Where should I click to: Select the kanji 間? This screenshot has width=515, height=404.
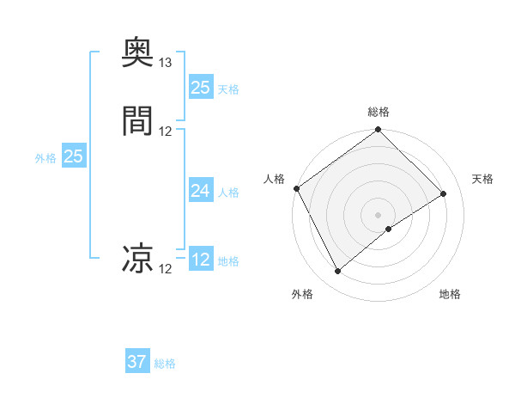137,121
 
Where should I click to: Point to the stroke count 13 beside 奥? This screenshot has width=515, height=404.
166,63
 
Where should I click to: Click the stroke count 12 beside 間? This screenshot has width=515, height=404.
166,131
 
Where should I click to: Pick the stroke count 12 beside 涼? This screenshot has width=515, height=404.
166,269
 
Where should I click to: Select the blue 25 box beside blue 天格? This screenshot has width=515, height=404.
201,88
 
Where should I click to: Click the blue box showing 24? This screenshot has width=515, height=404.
201,191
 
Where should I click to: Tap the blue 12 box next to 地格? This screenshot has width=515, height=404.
201,260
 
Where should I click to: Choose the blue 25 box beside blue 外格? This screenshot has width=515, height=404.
74,156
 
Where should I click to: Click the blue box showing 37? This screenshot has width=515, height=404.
137,362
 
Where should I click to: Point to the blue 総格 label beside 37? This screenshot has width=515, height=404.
165,364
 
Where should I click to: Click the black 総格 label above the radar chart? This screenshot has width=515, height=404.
379,112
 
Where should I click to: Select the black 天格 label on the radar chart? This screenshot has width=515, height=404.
483,179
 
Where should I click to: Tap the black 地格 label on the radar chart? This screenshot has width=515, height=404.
450,294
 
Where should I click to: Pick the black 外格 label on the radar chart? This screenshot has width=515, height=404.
302,294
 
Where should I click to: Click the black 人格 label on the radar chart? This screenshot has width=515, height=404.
274,179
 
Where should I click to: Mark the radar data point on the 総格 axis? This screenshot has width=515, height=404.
379,131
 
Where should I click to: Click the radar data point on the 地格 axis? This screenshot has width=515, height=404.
389,229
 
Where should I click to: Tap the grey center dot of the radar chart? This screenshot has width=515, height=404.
379,214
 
